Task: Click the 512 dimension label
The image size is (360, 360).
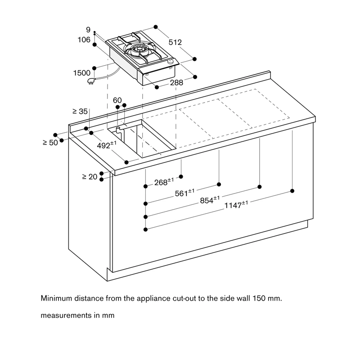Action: pos(175,42)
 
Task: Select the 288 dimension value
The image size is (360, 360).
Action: pos(176,83)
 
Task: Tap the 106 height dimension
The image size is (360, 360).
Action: pos(84,40)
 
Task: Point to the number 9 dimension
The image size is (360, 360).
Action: pos(88,30)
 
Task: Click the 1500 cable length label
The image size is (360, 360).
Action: pos(82,73)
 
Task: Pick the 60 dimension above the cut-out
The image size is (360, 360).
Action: pos(117,100)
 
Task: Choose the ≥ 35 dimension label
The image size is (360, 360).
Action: pos(80,111)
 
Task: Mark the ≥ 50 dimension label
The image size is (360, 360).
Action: pos(50,143)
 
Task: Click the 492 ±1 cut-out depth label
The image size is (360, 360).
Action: pos(107,145)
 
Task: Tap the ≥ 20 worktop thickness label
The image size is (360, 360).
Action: pos(90,177)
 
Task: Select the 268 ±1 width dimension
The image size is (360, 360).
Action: pos(164,182)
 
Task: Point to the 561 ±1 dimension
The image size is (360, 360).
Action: pos(184,193)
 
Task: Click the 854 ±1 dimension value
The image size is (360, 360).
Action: pos(210,200)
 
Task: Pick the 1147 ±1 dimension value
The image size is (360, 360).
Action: pos(236,205)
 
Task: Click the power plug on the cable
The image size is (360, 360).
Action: pos(91,81)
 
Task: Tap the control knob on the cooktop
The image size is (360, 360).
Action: pos(171,61)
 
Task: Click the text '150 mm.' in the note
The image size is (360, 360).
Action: pos(267,298)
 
